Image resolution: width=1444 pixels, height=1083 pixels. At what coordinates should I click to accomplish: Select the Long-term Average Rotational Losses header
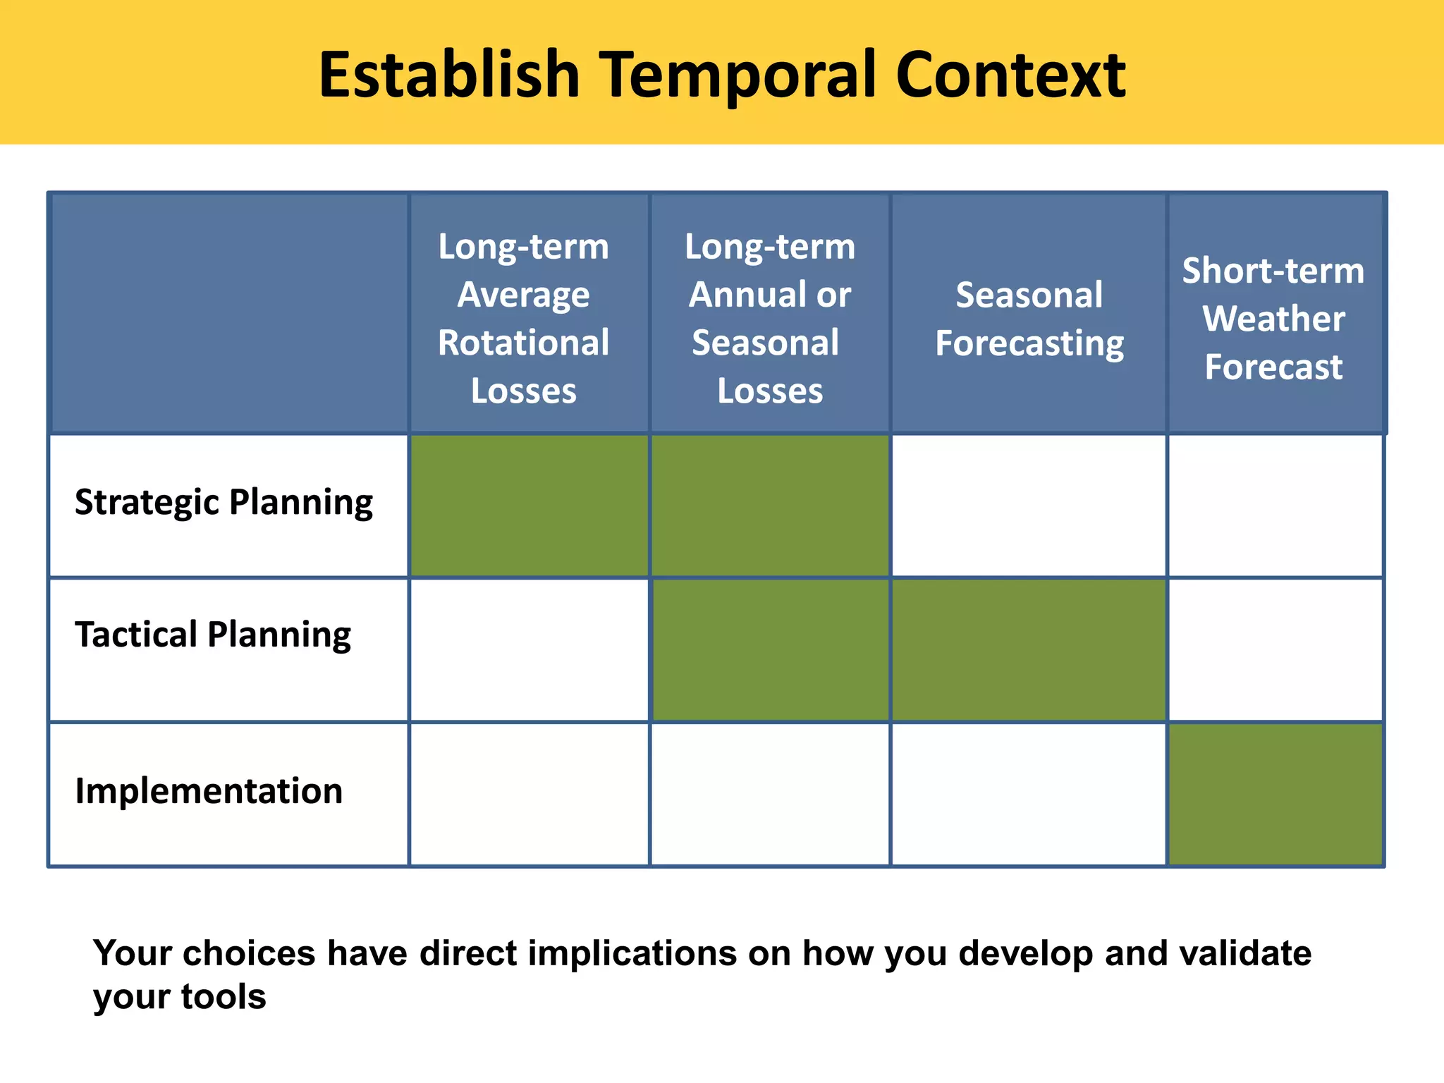coord(524,318)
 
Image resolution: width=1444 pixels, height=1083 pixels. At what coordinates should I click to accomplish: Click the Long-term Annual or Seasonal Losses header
coord(770,318)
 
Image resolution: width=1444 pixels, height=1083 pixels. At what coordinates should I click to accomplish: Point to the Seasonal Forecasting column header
coord(1029,319)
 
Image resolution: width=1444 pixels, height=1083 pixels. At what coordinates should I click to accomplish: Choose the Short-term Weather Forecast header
coord(1273,319)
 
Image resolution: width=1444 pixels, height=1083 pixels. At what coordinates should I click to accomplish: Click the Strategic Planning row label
coord(224,503)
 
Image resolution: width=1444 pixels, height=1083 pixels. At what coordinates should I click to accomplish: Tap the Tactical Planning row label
coord(212,635)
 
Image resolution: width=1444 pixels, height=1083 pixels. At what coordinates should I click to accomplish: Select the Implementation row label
coord(209,791)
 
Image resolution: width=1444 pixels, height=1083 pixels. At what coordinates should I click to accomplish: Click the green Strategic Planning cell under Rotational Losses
coord(529,506)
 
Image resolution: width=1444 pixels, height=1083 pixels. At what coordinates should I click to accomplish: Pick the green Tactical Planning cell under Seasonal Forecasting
coord(1029,650)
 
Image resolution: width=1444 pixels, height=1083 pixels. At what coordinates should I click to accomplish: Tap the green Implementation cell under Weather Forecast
coord(1275,795)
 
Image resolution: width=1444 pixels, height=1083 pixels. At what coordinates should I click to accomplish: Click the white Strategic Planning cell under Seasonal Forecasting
coord(1029,506)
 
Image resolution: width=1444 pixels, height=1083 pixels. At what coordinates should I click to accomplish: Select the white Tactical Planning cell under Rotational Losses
coord(529,650)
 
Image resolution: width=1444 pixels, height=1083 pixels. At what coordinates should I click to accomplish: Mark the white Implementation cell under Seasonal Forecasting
coord(1029,795)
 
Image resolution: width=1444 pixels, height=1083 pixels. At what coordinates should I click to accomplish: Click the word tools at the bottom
coord(223,997)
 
